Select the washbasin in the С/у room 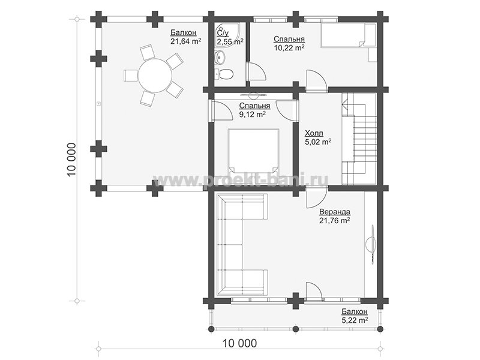point(220,57)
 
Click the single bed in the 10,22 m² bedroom point(348,35)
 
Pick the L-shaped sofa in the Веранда point(242,244)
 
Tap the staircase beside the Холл point(359,139)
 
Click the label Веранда point(335,212)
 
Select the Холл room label point(314,133)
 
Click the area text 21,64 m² point(186,41)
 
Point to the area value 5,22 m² point(355,320)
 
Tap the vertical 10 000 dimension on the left point(71,160)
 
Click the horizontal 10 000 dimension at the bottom point(239,343)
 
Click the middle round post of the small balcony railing point(295,329)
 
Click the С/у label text point(222,33)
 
